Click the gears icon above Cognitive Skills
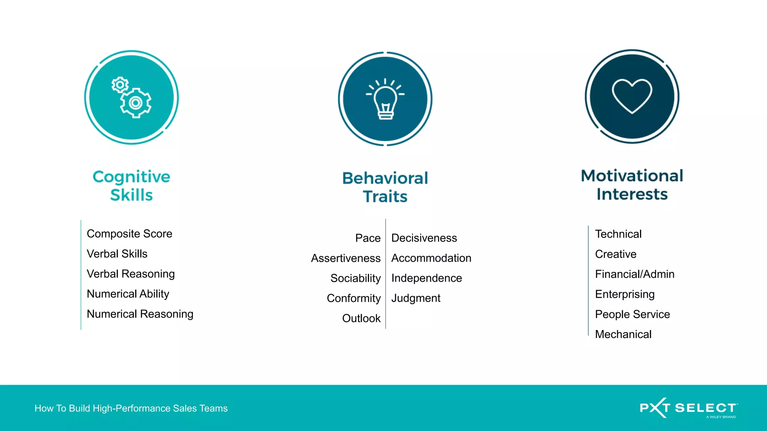[131, 98]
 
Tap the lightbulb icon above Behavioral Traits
[385, 99]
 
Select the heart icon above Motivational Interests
[632, 96]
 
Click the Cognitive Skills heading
[131, 186]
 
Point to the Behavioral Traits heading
[385, 187]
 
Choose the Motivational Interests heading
[632, 185]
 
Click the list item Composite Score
[130, 234]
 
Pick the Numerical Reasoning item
[140, 314]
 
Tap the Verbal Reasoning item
[131, 274]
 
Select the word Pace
[368, 238]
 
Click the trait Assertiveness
[346, 258]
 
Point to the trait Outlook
[361, 318]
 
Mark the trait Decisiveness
[424, 238]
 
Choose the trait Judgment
[416, 298]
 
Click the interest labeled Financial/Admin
[634, 274]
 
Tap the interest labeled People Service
[632, 314]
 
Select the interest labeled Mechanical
[623, 334]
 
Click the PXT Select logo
[688, 408]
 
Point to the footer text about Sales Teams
[131, 408]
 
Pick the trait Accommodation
[431, 258]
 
